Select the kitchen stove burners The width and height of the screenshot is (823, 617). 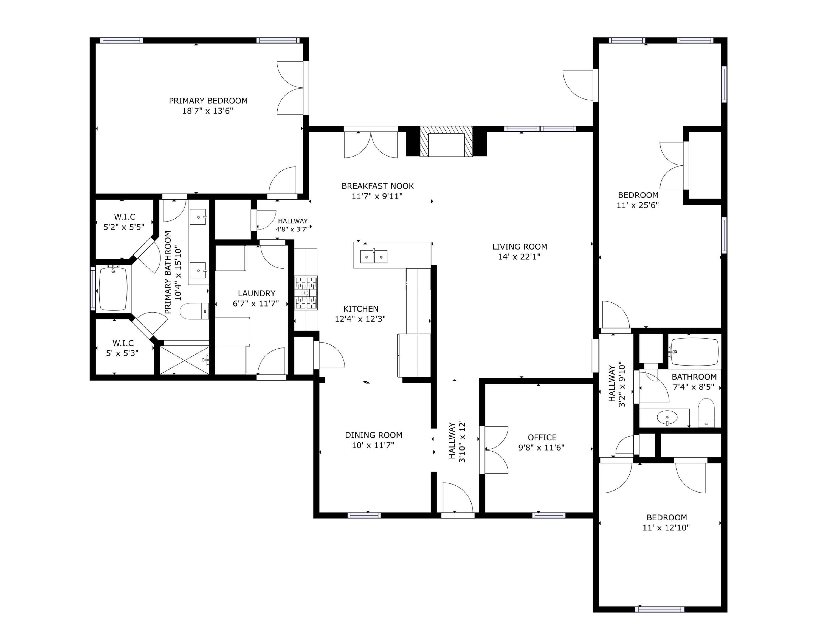coord(306,293)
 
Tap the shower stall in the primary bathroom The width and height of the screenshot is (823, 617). coord(184,360)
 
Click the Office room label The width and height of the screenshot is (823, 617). coord(542,437)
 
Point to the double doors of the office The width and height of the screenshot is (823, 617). coord(495,450)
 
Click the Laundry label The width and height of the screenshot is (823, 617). coord(256,293)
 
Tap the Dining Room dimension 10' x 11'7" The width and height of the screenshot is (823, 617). coord(373,445)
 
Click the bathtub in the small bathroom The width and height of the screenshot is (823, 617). coord(694,352)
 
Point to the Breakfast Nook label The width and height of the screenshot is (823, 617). coord(377,186)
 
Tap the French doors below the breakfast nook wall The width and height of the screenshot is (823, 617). coord(371,143)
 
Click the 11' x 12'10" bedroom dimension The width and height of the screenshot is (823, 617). coord(666,527)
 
